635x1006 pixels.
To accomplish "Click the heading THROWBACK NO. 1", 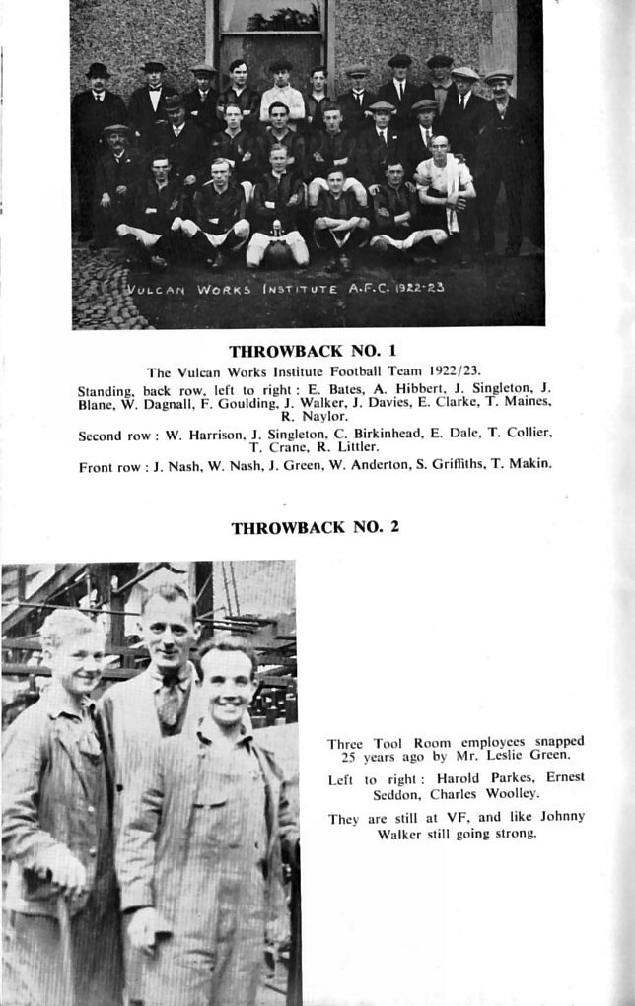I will coord(312,351).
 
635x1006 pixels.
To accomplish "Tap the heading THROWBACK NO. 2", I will coord(315,527).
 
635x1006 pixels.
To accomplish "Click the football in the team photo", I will coord(277,251).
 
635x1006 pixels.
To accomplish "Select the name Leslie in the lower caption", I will coord(508,755).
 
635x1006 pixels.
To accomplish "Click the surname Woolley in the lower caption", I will coord(511,793).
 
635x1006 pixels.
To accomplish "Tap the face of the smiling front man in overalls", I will coord(228,683).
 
